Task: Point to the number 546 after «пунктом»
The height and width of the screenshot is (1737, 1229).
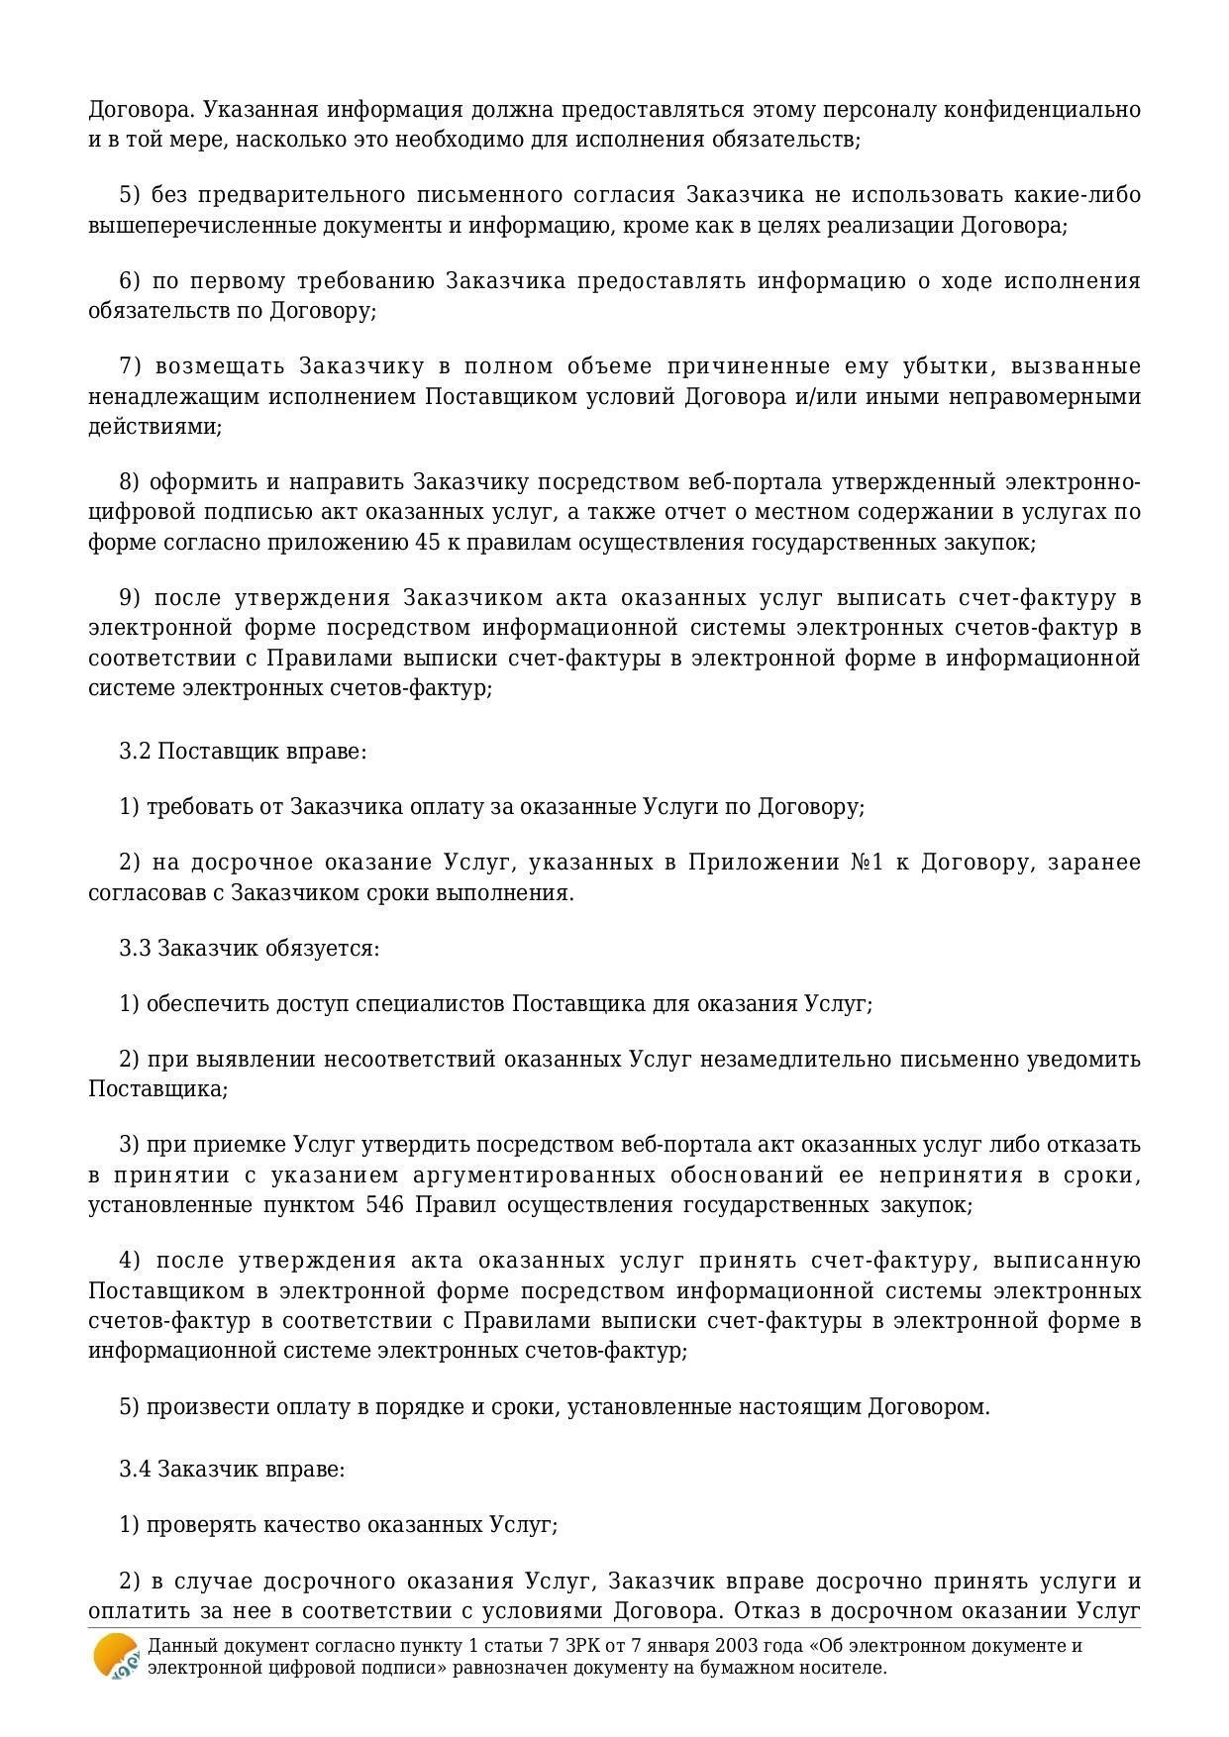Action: tap(383, 1205)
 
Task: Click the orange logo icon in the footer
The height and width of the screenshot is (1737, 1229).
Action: tap(115, 1656)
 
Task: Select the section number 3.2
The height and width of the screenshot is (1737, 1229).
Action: tap(135, 751)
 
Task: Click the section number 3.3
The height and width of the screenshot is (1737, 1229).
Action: tap(135, 948)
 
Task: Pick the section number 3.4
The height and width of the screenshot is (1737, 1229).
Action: tap(135, 1469)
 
